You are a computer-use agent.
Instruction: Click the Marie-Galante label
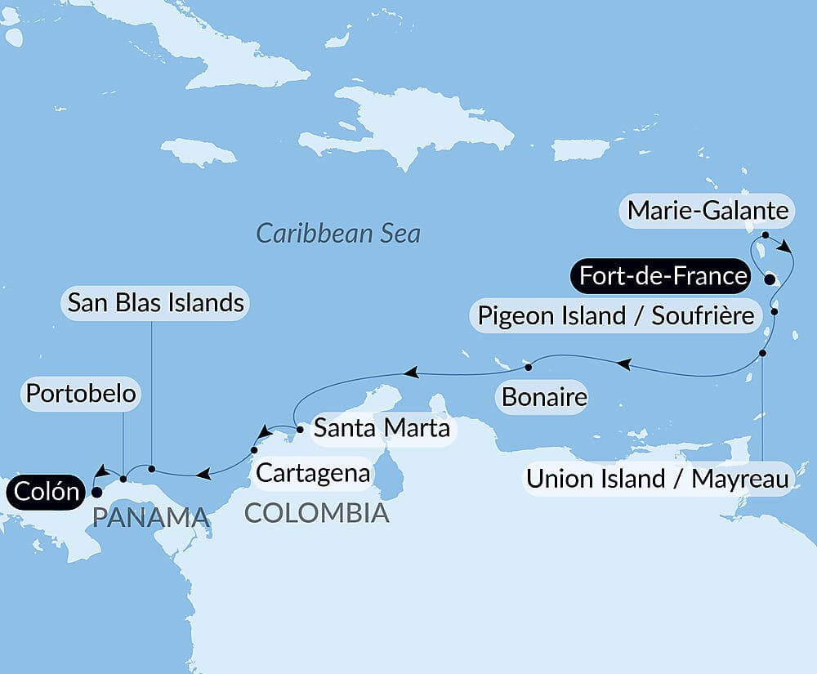tap(708, 212)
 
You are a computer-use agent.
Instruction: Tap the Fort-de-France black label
tap(663, 276)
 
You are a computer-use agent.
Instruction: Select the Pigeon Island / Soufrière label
tap(615, 315)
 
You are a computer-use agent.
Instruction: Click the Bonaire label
tap(544, 398)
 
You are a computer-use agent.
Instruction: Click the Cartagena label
tap(313, 472)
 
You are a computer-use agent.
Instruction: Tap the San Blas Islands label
tap(155, 302)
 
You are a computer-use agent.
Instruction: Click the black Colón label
tap(46, 492)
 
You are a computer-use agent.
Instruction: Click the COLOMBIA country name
tap(315, 513)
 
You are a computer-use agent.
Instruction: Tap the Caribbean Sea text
tap(338, 234)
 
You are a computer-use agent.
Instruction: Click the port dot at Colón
tap(96, 492)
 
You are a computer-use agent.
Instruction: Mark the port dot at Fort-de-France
tap(769, 279)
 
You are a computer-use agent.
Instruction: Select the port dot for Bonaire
tap(529, 364)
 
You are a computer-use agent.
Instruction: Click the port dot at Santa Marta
tap(300, 428)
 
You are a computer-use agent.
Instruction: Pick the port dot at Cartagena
tap(253, 450)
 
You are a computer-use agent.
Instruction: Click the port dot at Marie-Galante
tap(765, 235)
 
